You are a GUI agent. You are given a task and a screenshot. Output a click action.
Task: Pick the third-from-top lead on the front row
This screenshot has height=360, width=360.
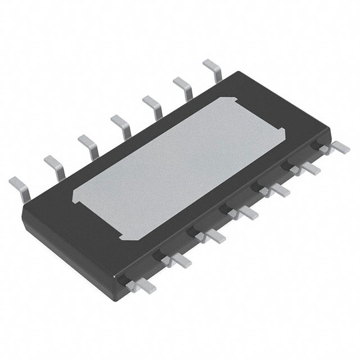coord(277,190)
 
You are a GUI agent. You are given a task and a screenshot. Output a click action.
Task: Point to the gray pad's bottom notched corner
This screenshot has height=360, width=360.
coord(135,236)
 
